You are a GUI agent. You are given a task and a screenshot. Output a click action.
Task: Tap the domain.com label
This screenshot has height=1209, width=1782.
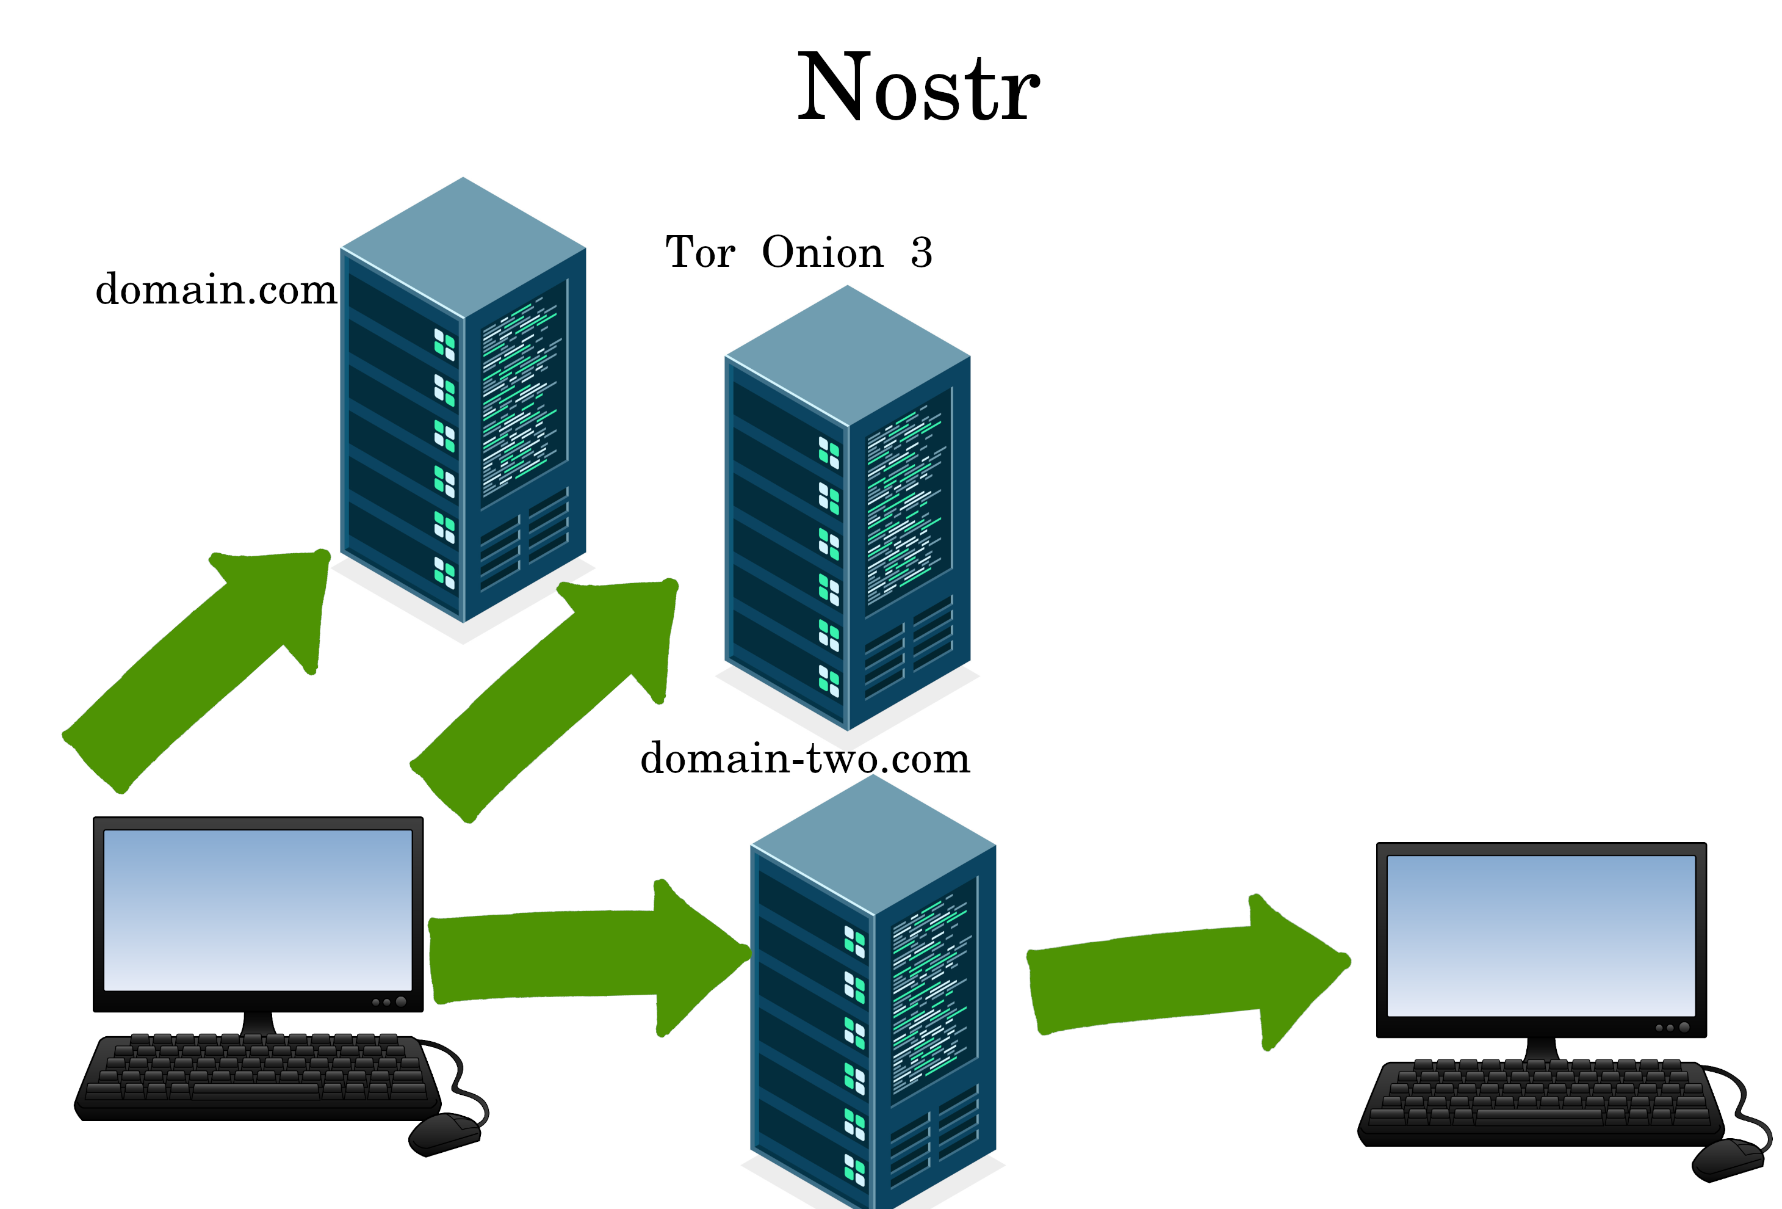[215, 290]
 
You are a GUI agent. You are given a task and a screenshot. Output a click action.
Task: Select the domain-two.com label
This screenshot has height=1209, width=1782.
[805, 759]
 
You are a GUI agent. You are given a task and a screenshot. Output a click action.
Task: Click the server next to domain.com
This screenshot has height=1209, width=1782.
[463, 430]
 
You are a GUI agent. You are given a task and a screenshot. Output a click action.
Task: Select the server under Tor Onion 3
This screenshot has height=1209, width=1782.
[847, 537]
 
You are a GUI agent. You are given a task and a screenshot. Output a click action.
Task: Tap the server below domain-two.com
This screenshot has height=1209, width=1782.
[873, 1020]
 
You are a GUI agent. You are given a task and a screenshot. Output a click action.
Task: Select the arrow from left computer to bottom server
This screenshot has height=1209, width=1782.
[583, 955]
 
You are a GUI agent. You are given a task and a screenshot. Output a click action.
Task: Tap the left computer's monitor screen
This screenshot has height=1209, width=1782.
[258, 910]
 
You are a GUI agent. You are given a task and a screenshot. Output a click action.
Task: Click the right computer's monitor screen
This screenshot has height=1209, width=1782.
[1541, 936]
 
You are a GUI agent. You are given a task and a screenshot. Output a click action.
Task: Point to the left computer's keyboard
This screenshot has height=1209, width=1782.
[257, 1074]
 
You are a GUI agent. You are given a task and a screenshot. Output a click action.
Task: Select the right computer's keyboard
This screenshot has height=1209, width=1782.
[1541, 1101]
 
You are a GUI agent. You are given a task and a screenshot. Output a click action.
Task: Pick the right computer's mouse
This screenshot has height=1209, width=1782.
[1729, 1158]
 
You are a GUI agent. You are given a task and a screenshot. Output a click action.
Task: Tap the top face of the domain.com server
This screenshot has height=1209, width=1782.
[463, 245]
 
